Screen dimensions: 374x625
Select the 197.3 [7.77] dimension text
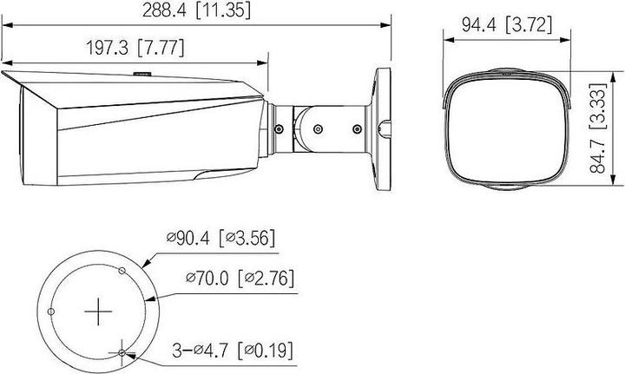(x=133, y=48)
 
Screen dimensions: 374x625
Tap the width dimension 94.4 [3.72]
(x=507, y=26)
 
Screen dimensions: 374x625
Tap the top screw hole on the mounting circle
(x=121, y=272)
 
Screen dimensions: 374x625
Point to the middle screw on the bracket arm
(x=317, y=128)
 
